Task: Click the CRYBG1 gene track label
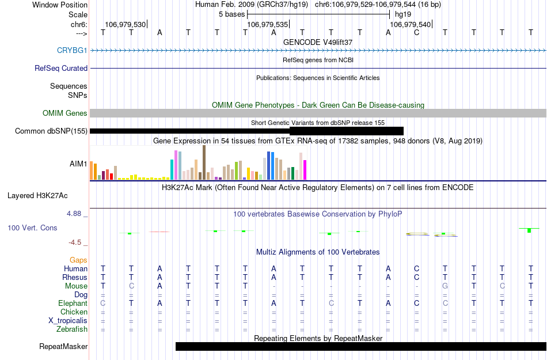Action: pos(72,51)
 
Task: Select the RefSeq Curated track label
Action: pos(61,68)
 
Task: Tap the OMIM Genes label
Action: pos(65,113)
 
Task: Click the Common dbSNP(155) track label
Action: pos(51,131)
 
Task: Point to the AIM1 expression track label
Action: pos(78,164)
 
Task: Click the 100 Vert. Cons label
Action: pos(32,228)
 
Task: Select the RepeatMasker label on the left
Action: pos(63,346)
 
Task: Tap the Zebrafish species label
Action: pos(73,329)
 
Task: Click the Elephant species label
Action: pos(73,304)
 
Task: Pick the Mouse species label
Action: pos(76,286)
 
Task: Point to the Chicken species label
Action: pos(74,312)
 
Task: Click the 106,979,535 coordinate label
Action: pos(267,25)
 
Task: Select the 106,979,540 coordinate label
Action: pos(410,25)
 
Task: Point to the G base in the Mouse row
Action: pos(445,286)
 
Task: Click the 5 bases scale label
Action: pos(231,14)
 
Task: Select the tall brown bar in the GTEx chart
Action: pos(204,162)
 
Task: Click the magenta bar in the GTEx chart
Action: pos(305,169)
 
